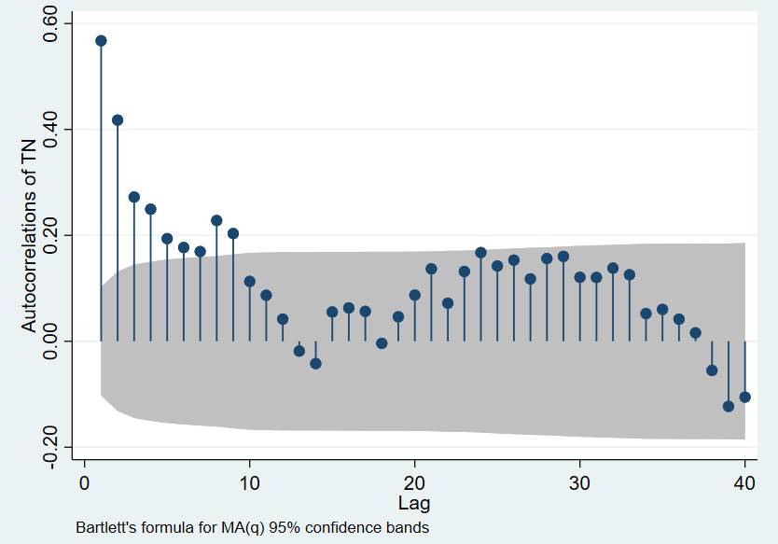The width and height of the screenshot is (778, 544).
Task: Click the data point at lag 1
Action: coord(101,41)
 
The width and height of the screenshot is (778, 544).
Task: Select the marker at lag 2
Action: coord(118,120)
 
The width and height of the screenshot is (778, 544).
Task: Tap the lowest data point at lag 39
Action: coord(729,406)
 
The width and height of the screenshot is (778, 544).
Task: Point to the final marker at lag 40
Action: coord(744,397)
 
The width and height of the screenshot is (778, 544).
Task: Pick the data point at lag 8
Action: coord(216,221)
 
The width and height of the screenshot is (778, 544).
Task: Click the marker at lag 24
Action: coord(480,253)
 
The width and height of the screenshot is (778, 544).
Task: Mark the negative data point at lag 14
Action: coord(315,363)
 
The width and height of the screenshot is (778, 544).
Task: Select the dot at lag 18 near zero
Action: coord(382,343)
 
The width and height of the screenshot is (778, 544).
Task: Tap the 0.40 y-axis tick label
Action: coord(52,129)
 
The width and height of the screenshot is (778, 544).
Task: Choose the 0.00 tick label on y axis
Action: coord(52,342)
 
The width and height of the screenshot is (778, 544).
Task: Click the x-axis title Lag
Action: coord(414,504)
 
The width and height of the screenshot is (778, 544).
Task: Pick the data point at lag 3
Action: coord(134,197)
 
